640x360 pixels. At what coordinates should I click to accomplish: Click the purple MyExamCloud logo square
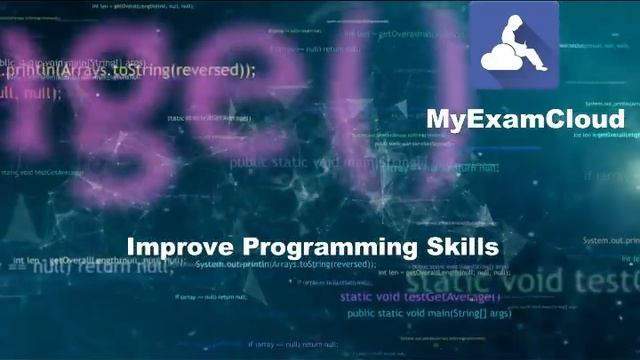[514, 45]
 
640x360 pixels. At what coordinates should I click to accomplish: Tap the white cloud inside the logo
[501, 60]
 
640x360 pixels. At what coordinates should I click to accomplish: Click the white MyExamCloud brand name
[525, 119]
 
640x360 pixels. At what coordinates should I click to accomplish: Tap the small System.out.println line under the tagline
[286, 265]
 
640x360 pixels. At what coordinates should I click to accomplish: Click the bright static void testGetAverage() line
[420, 297]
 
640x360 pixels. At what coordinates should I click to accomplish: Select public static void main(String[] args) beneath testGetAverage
[429, 314]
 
